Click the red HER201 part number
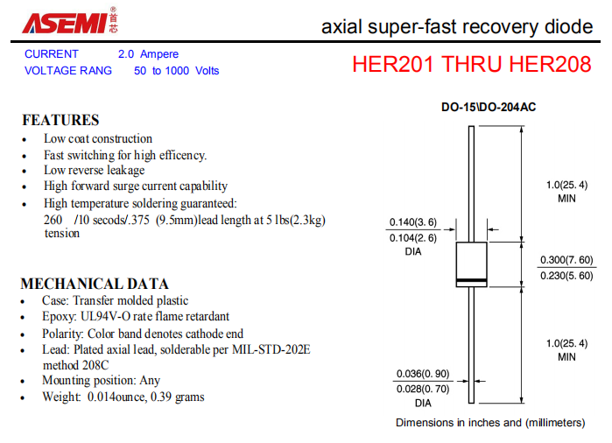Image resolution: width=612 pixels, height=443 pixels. click(393, 64)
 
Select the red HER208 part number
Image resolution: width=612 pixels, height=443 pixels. click(551, 64)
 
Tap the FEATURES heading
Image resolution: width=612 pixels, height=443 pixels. click(60, 120)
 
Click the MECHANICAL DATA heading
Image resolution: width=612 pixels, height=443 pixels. click(95, 284)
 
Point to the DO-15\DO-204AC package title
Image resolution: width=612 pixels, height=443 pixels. click(489, 107)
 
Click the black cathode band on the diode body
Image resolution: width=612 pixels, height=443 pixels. click(472, 280)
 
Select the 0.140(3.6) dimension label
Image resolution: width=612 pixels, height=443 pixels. click(413, 222)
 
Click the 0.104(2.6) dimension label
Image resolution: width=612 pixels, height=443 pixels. click(413, 238)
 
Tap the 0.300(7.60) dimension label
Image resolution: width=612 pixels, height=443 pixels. click(566, 260)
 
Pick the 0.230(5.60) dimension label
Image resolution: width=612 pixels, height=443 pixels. click(566, 276)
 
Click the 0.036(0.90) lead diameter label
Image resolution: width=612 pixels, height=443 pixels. click(423, 374)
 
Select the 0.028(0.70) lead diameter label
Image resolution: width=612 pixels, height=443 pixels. click(423, 389)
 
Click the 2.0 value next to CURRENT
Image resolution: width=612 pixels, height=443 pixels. click(126, 54)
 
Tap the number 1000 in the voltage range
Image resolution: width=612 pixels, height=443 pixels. click(177, 71)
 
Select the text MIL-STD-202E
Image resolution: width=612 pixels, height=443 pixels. click(271, 349)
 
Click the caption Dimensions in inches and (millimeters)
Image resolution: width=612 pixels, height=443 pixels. click(490, 423)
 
